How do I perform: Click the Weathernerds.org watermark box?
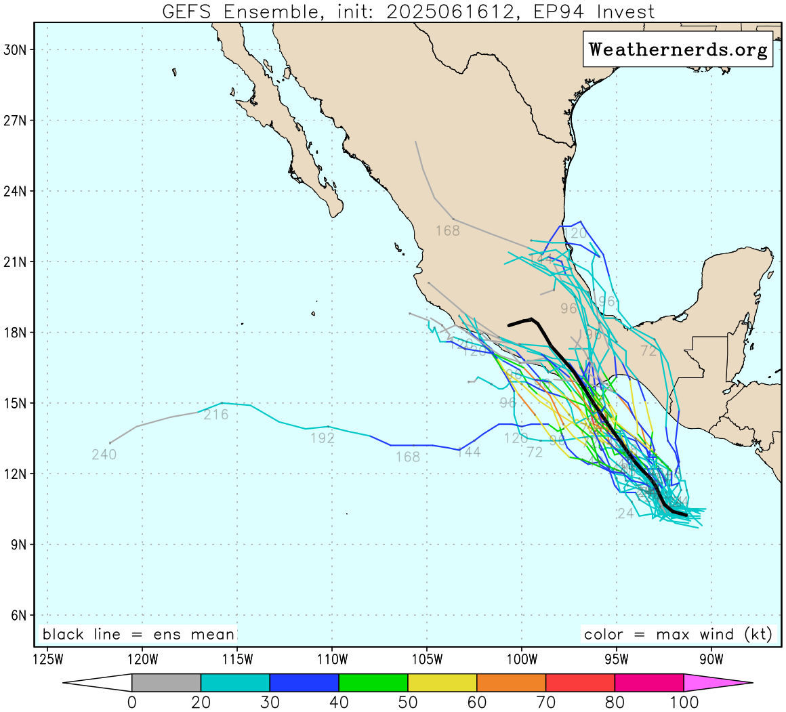(678, 49)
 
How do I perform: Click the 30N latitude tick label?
(15, 50)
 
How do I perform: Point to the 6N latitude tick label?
(18, 615)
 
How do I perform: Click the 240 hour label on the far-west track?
(104, 455)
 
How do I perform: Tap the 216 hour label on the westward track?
(216, 415)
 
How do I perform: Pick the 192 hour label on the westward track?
(323, 438)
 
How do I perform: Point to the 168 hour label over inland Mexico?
(447, 231)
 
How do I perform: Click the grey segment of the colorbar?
(166, 682)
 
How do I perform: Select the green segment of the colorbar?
(373, 682)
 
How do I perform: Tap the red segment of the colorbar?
(580, 682)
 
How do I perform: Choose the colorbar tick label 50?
(407, 703)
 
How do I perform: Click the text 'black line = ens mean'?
(138, 635)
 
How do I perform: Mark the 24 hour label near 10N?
(626, 514)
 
